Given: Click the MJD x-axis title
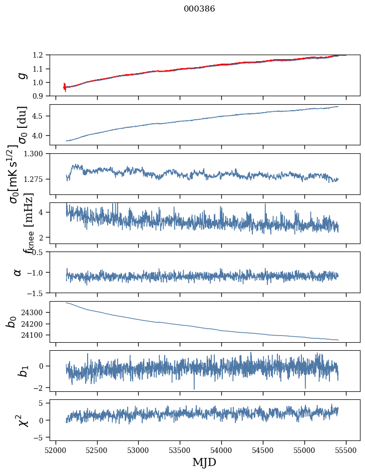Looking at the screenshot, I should (x=204, y=462).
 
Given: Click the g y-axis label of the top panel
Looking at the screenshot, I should (x=21, y=75).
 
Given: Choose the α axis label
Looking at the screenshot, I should (x=18, y=272).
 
